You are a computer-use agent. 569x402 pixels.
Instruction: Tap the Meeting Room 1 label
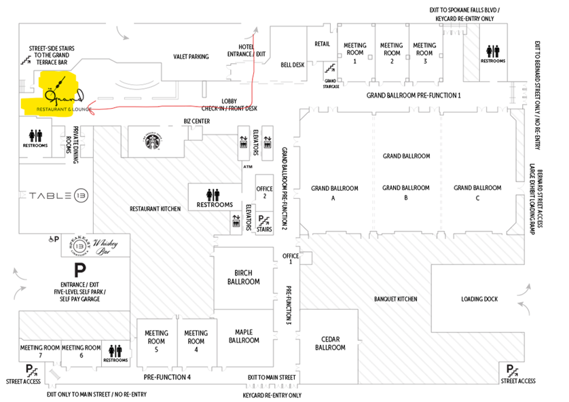tap(355, 53)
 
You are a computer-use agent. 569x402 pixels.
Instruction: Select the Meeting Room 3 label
tap(424, 53)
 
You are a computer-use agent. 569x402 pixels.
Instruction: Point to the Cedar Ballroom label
tap(331, 343)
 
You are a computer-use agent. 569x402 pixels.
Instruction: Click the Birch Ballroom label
tap(244, 278)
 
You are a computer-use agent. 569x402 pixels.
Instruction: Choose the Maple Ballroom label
tap(244, 335)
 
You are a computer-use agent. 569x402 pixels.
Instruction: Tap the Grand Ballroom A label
tap(333, 193)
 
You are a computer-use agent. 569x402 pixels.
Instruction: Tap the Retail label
tap(322, 44)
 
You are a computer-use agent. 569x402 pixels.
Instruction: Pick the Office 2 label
tap(264, 192)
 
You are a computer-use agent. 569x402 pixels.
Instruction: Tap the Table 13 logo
tap(57, 195)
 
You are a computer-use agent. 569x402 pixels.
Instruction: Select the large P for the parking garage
tap(79, 270)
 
